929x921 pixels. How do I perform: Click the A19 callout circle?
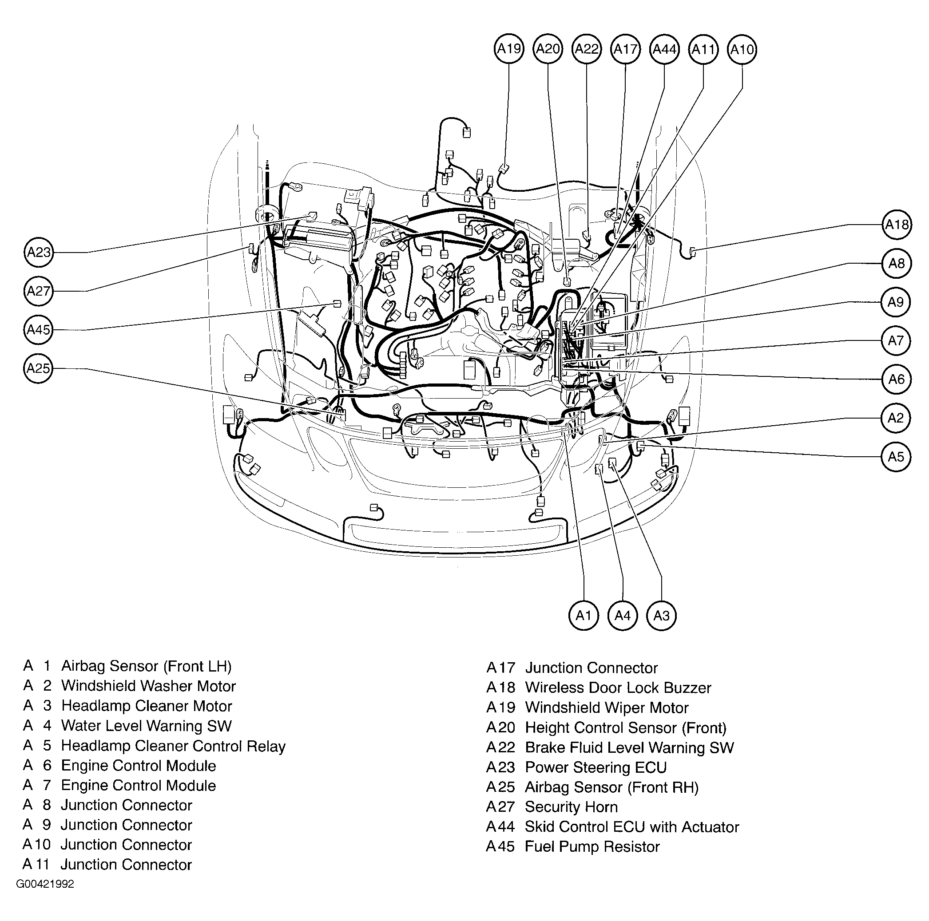click(x=509, y=48)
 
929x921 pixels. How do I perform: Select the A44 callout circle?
click(x=664, y=48)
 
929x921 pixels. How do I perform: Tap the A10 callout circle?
click(x=742, y=48)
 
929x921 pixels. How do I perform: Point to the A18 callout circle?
click(x=897, y=225)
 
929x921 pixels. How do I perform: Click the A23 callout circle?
click(x=39, y=253)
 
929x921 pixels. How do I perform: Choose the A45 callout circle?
click(x=39, y=330)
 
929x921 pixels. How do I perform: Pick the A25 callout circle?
click(x=39, y=368)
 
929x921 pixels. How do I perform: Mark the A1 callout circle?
click(x=583, y=615)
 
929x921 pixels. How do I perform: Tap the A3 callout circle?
click(x=661, y=615)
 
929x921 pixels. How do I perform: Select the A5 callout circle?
click(x=896, y=457)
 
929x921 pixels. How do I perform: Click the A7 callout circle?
click(x=896, y=341)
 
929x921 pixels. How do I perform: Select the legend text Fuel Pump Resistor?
click(x=592, y=846)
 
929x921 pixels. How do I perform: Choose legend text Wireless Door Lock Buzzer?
click(x=618, y=688)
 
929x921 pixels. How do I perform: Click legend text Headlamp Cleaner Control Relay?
click(x=173, y=746)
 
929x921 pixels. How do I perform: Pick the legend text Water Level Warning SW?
click(x=146, y=726)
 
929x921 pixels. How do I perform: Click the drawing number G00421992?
click(x=45, y=885)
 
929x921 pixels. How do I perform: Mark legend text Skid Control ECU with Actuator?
click(x=632, y=827)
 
